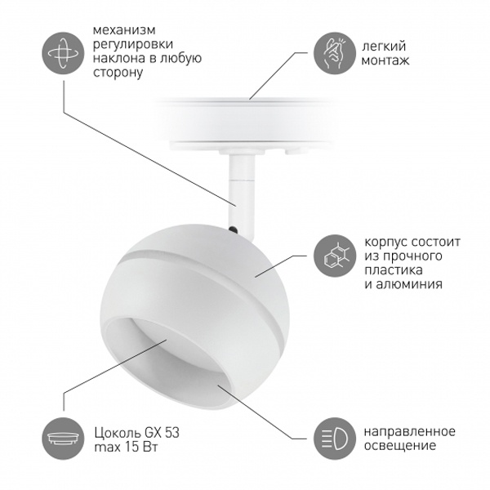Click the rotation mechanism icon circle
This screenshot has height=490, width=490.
pos(64,53)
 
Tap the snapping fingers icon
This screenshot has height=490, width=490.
pos(335,53)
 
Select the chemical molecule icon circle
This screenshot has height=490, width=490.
pos(335,256)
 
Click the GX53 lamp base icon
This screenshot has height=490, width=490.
pos(64,438)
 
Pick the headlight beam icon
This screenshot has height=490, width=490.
pos(335,438)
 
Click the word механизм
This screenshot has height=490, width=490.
pos(124,30)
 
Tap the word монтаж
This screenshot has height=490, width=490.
pos(385,60)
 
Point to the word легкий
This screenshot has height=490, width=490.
pos(384,47)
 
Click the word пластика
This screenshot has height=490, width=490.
pos(393,270)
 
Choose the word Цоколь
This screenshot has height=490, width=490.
pos(118,433)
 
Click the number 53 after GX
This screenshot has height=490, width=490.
pos(171,433)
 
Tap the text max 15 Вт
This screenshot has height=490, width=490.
pos(126,448)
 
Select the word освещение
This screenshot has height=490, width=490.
pos(400,446)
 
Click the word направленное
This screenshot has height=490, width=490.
pos(410,431)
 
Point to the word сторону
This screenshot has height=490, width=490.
pos(118,73)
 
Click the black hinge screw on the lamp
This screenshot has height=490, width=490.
pos(233,229)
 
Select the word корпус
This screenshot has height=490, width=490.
pos(385,243)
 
